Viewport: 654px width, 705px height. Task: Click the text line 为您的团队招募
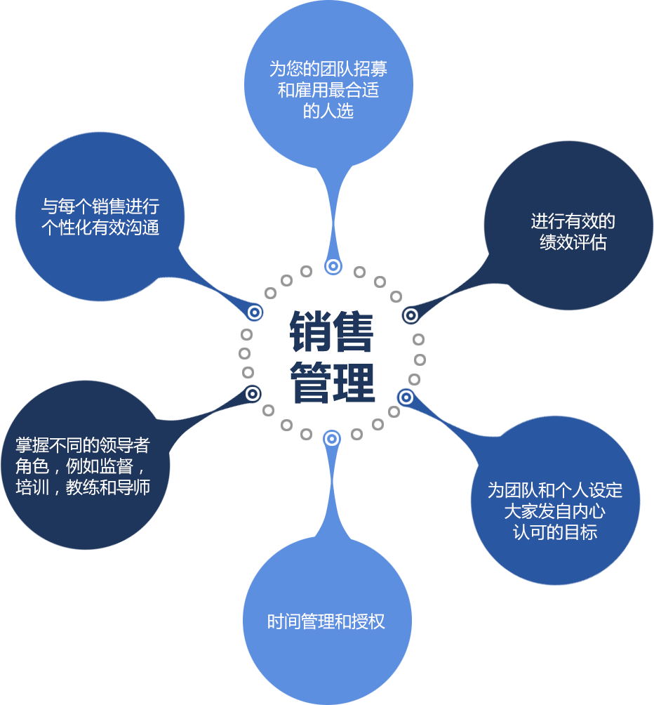(x=328, y=69)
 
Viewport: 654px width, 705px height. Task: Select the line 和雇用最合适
(x=328, y=90)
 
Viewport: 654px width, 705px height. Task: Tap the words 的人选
(x=328, y=111)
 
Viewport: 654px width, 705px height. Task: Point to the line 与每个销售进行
(x=100, y=206)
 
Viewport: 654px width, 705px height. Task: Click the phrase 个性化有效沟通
(x=100, y=228)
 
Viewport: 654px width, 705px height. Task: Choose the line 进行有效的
(x=573, y=222)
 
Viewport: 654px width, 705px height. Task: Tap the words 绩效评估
(x=573, y=243)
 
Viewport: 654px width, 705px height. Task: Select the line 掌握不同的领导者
(x=83, y=445)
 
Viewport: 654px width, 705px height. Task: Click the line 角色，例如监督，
(x=83, y=466)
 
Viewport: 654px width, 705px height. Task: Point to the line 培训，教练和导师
(x=83, y=487)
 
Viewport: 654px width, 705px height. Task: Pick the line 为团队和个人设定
(x=555, y=490)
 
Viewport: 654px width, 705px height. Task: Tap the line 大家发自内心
(x=555, y=511)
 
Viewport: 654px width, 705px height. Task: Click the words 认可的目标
(x=555, y=532)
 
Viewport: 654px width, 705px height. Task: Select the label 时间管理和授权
(x=326, y=621)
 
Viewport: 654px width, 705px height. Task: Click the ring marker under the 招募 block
(x=333, y=266)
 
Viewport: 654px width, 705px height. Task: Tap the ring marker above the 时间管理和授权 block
(x=331, y=439)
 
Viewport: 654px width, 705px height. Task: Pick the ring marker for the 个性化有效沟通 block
(x=255, y=312)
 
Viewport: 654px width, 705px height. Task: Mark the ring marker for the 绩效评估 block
(x=411, y=315)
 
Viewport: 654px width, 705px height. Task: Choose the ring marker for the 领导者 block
(x=253, y=394)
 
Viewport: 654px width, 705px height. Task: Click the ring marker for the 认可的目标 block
(x=406, y=397)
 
